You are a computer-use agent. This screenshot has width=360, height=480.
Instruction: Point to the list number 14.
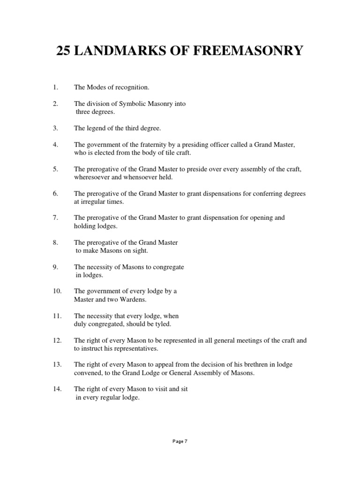[x=57, y=389]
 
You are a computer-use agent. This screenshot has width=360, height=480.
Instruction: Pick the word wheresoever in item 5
[x=92, y=178]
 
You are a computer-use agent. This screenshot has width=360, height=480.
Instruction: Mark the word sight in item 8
[x=140, y=250]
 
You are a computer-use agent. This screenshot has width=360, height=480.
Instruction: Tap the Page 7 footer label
[x=180, y=441]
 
